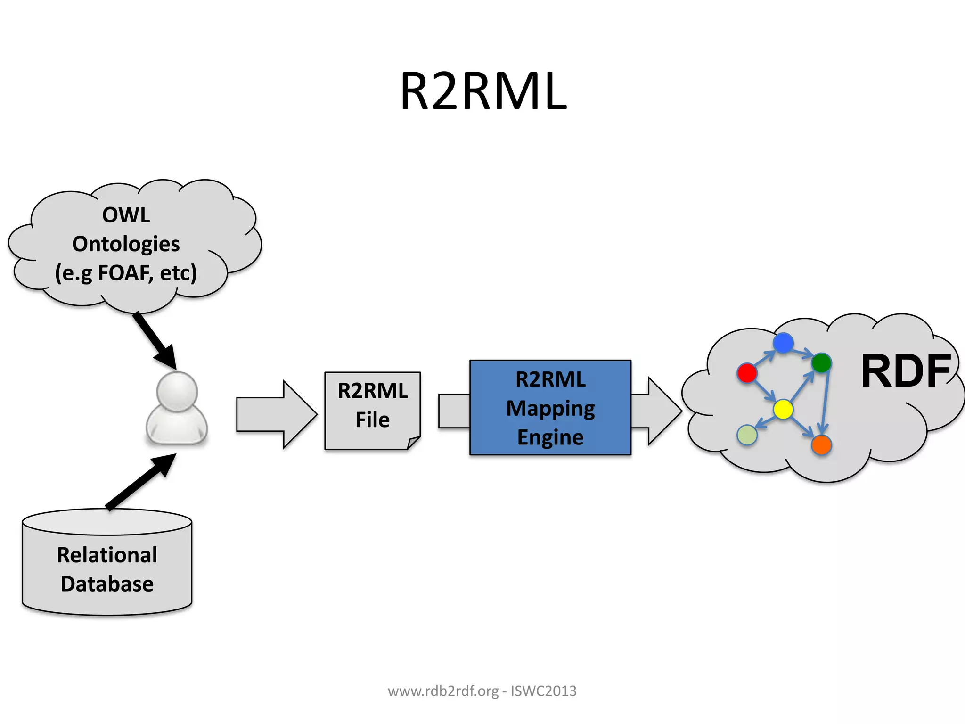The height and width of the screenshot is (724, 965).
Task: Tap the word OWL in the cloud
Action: (x=126, y=215)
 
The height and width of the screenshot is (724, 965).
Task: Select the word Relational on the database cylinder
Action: (x=107, y=555)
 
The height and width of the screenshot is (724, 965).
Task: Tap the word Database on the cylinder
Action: (x=107, y=584)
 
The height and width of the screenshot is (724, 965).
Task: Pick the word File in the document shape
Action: (x=372, y=420)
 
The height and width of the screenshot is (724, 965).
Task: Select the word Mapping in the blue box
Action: (x=550, y=408)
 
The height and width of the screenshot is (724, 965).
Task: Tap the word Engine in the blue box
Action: (x=550, y=437)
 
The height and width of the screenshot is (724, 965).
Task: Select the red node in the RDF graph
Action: (x=747, y=373)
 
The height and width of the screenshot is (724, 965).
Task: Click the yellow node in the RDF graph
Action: (x=783, y=409)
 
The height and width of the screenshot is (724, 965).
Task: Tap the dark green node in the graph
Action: (x=821, y=362)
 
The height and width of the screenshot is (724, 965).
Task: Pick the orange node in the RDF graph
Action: (x=821, y=445)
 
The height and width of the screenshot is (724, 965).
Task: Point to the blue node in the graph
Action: (x=783, y=343)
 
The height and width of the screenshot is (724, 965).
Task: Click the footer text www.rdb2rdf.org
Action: (x=443, y=691)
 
